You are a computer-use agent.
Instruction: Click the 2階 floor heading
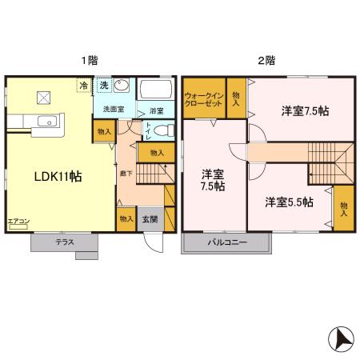[266, 61]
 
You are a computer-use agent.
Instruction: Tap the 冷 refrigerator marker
[84, 85]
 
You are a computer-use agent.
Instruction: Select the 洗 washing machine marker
[104, 85]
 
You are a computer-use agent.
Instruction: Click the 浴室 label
[155, 111]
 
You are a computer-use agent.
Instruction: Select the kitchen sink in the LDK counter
[46, 122]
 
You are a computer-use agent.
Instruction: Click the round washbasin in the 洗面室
[122, 87]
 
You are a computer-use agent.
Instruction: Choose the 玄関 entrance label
[150, 218]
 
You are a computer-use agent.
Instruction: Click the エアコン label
[18, 221]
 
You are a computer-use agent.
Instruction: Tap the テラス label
[66, 242]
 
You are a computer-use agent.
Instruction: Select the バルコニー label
[227, 242]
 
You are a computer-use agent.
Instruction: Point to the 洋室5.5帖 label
[289, 202]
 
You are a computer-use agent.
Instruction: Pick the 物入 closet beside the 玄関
[126, 218]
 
